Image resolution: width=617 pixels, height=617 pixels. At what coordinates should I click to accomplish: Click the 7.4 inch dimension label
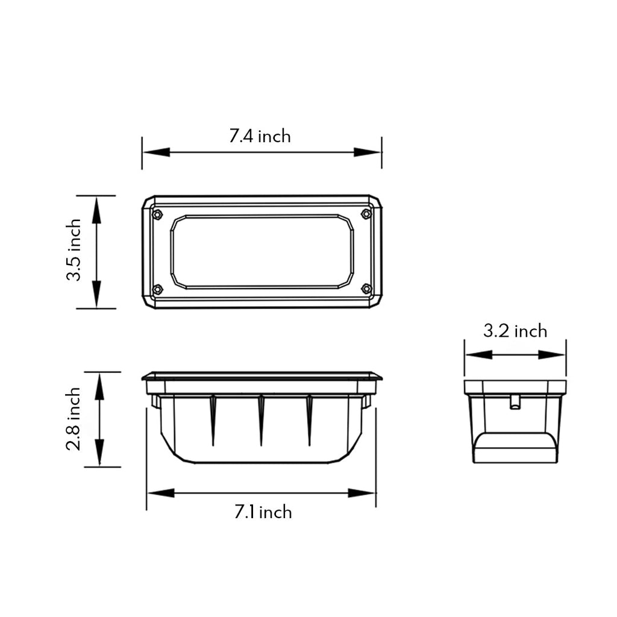[260, 136]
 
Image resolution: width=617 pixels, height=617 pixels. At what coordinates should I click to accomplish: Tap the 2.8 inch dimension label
[74, 419]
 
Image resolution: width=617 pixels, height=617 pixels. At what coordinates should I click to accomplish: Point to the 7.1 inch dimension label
[263, 512]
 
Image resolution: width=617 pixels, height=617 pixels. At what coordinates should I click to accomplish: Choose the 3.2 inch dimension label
[515, 331]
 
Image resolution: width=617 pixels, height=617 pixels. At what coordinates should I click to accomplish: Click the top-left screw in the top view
[157, 214]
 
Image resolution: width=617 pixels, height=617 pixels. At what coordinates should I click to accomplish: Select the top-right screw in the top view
[366, 214]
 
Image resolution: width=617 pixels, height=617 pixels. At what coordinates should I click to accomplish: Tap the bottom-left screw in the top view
[157, 289]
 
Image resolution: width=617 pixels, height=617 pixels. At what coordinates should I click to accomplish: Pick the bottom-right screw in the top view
[366, 289]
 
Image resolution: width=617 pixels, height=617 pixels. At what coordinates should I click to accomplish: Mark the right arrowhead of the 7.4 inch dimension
[368, 152]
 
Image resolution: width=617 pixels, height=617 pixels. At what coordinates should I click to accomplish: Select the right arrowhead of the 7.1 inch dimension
[363, 493]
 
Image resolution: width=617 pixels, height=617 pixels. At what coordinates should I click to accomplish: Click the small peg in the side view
[515, 402]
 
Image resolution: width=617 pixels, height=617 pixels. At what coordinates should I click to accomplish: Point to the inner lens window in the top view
[262, 252]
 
